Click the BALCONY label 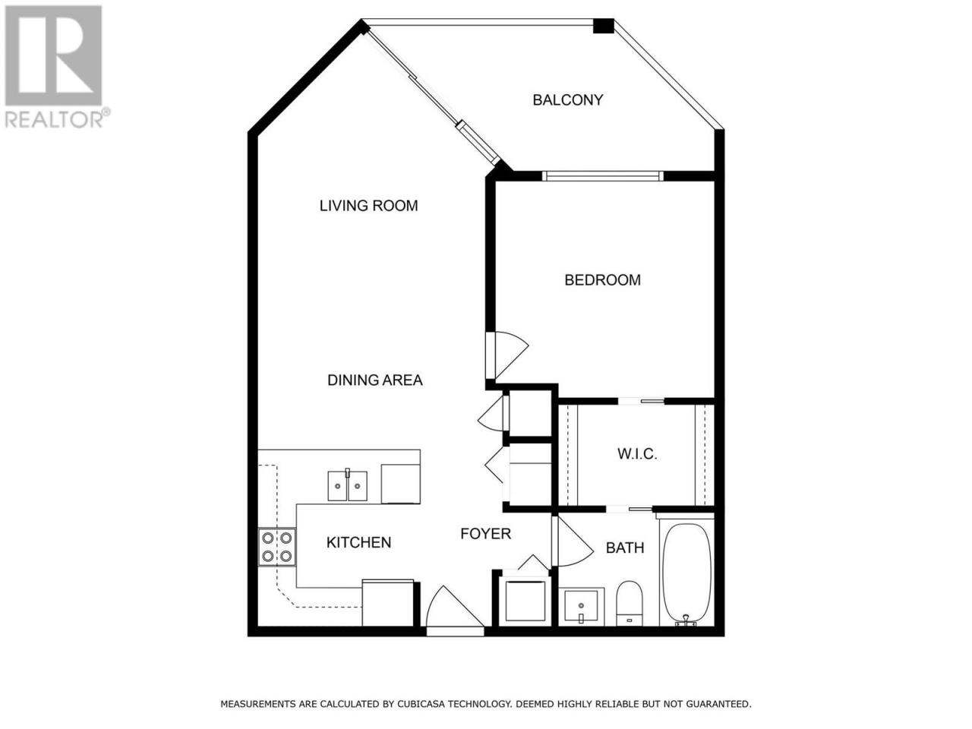pyautogui.click(x=567, y=100)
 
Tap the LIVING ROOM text pyautogui.click(x=368, y=205)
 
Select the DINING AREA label pyautogui.click(x=374, y=380)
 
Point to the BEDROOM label pyautogui.click(x=602, y=279)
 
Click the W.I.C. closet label pyautogui.click(x=637, y=453)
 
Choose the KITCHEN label pyautogui.click(x=358, y=542)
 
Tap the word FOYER pyautogui.click(x=485, y=533)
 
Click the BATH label pyautogui.click(x=625, y=548)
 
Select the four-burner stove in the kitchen pyautogui.click(x=277, y=547)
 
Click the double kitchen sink pyautogui.click(x=347, y=485)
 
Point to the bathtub pyautogui.click(x=686, y=573)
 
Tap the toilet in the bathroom pyautogui.click(x=630, y=603)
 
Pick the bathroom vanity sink pyautogui.click(x=581, y=607)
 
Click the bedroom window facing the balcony pyautogui.click(x=603, y=176)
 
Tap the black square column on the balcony pyautogui.click(x=604, y=26)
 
